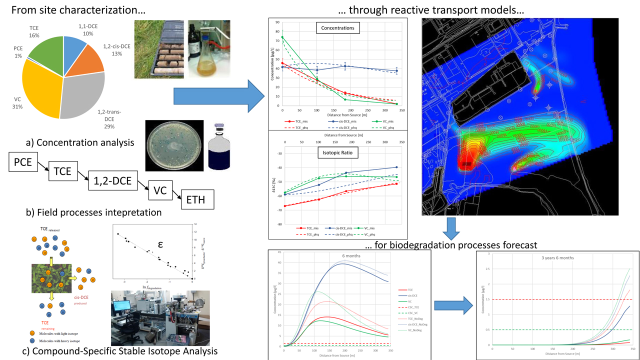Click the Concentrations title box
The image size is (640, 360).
[337, 28]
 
